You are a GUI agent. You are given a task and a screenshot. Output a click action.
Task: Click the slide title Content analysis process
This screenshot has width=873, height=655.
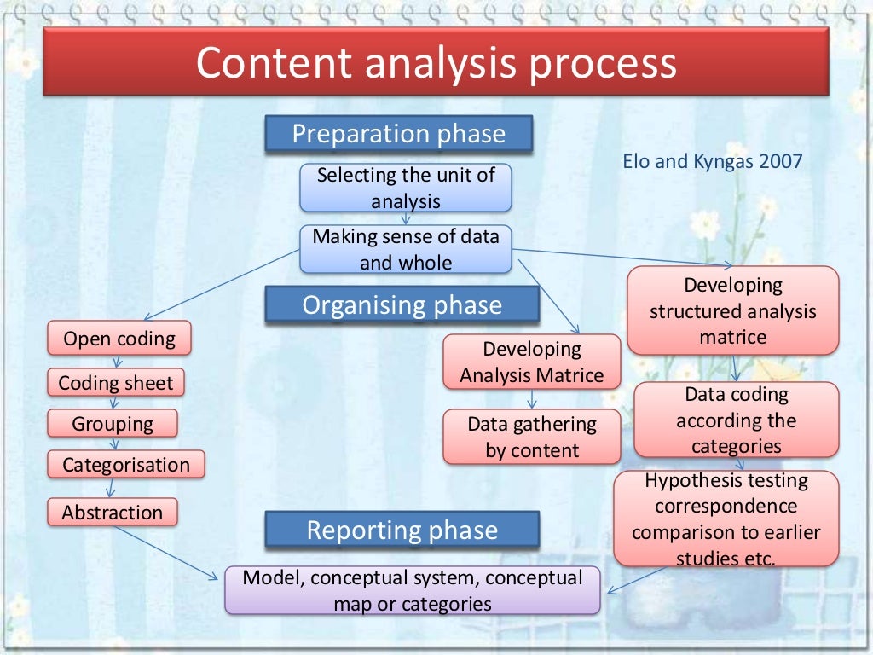point(436,64)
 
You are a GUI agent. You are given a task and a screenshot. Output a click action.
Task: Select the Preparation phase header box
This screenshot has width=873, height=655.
point(399,135)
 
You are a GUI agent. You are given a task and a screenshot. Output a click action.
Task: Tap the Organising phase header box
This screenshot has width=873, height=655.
point(402,305)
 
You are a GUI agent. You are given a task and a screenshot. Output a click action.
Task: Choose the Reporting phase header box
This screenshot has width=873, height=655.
point(402,530)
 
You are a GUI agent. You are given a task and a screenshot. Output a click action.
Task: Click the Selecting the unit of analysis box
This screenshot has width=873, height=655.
point(406,188)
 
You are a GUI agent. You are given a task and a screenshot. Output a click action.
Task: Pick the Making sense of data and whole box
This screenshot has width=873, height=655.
point(406,249)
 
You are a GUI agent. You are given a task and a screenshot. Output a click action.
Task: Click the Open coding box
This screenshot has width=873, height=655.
point(119,339)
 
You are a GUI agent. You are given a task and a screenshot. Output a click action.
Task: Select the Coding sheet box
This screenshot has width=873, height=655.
point(116,383)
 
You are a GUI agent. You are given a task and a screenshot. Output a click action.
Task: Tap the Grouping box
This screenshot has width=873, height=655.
point(113,424)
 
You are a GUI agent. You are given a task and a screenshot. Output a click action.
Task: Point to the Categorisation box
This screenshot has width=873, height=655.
point(126,465)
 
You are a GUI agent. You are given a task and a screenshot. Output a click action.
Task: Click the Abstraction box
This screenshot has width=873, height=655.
point(112,513)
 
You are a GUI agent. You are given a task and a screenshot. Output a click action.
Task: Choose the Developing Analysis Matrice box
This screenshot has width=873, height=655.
point(532,362)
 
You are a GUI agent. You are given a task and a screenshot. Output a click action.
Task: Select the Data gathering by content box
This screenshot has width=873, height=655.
point(532,437)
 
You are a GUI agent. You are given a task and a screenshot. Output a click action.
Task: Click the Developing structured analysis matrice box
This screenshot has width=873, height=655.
point(733,310)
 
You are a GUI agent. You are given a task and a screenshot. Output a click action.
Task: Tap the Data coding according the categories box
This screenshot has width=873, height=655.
point(737,420)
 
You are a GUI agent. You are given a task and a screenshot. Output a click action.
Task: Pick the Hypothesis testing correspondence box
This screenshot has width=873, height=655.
point(726,519)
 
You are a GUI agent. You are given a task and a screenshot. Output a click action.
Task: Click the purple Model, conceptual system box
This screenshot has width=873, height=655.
point(413,590)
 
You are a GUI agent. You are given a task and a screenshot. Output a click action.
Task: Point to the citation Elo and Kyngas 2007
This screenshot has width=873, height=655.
point(713,161)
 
